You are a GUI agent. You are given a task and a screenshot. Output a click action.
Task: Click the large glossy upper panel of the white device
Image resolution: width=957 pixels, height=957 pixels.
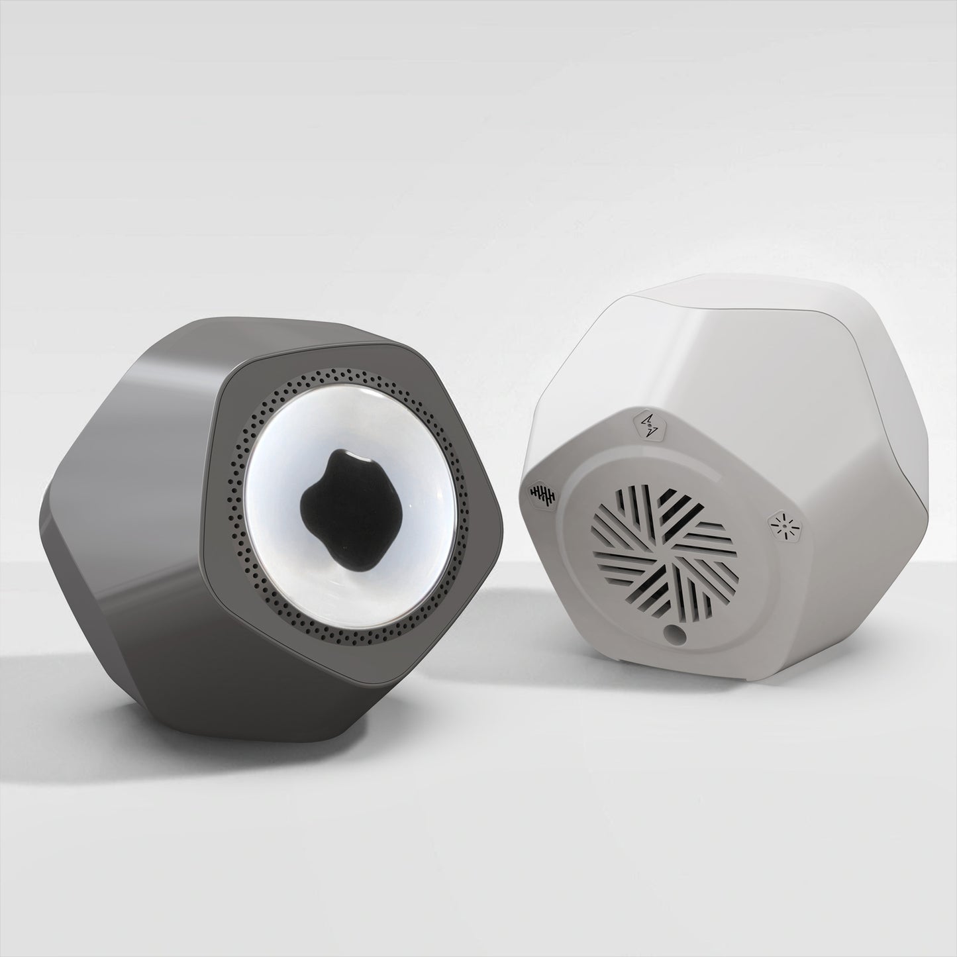pyautogui.click(x=748, y=344)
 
